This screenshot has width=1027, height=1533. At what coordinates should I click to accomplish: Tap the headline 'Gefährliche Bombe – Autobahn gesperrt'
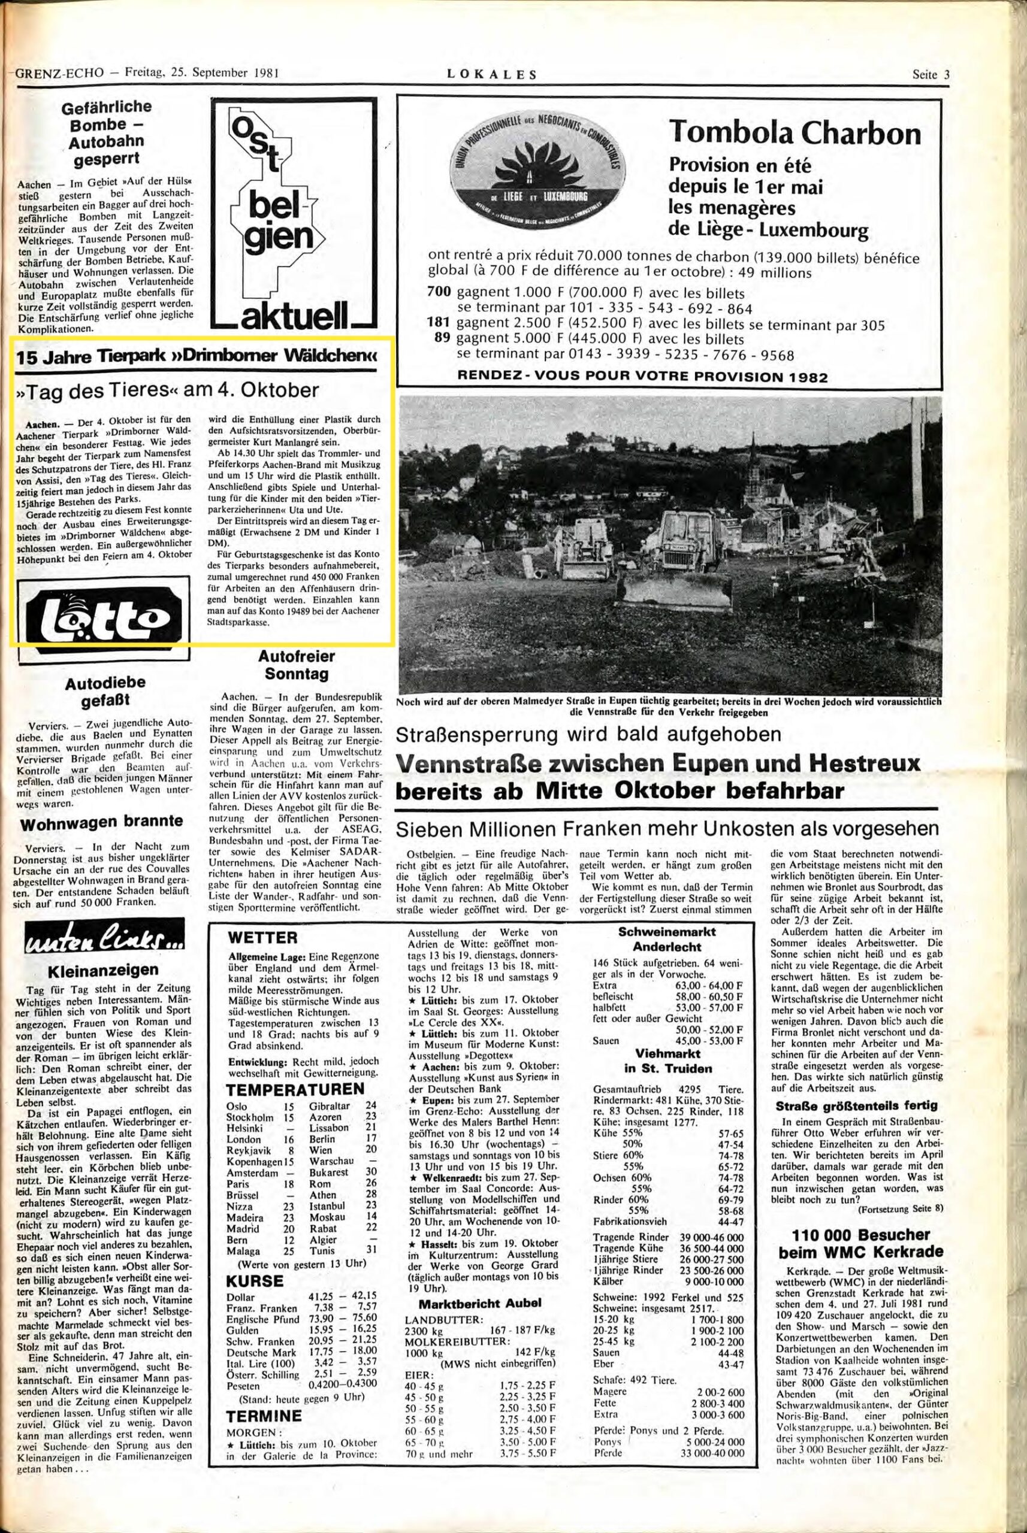tap(105, 133)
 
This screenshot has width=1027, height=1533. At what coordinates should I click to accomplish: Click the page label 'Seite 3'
tap(930, 74)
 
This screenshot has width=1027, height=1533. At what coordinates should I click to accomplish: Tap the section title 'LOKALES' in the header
tap(491, 75)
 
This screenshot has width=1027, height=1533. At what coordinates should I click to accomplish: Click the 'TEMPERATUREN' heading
tap(294, 1089)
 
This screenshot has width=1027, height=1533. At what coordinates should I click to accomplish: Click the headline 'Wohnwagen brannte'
tap(101, 822)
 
